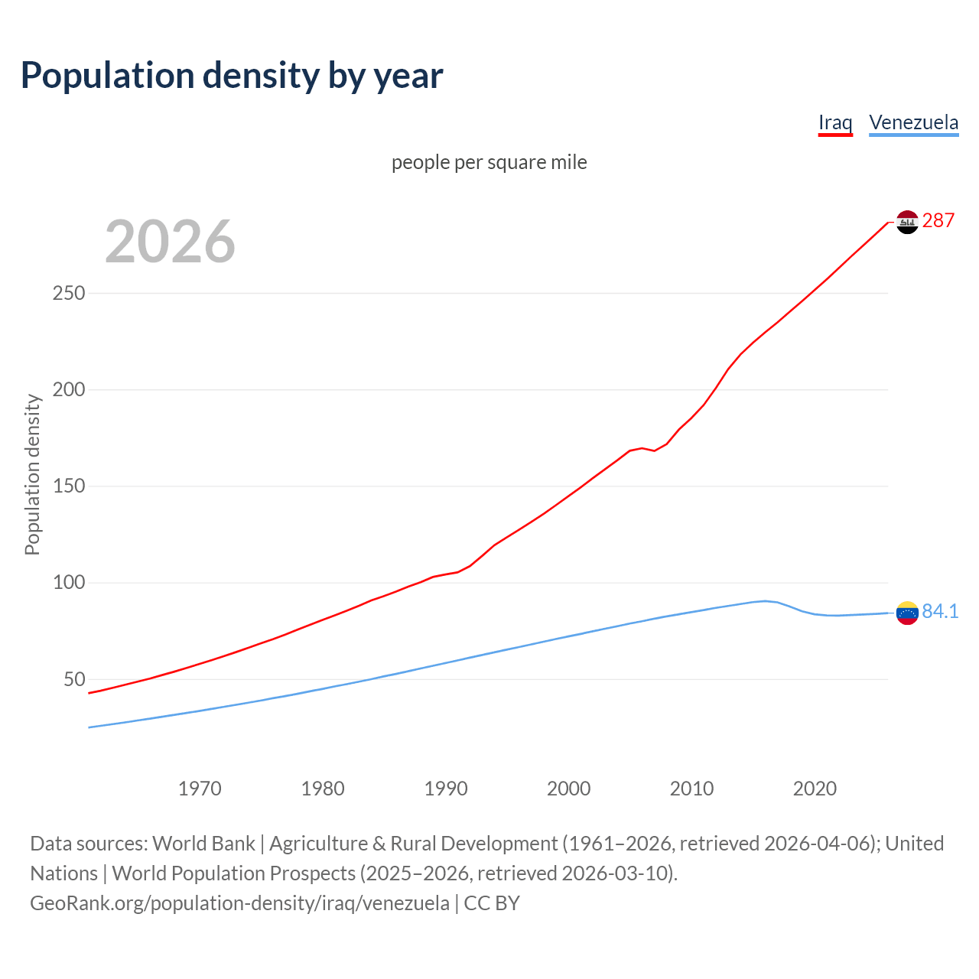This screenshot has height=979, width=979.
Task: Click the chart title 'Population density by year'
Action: pos(232,75)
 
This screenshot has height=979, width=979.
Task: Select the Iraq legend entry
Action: pos(835,122)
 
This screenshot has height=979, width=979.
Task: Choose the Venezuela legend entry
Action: pos(913,122)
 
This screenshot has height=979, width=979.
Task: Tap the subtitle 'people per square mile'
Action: pos(489,162)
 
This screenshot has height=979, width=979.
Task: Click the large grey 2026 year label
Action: pos(170,242)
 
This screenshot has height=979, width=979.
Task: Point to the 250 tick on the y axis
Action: pos(69,293)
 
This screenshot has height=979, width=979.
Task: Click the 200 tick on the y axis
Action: pos(69,389)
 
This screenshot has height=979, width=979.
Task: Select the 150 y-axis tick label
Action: pos(69,486)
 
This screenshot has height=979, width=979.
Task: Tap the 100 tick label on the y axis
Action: pos(69,583)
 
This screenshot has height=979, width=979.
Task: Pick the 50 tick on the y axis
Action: pos(74,679)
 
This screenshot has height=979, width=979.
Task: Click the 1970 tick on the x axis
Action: pos(200,788)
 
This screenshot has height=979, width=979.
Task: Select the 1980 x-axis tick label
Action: pos(323,788)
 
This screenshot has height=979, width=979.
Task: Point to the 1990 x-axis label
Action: pos(446,788)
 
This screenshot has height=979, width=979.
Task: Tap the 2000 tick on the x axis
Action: pos(569,788)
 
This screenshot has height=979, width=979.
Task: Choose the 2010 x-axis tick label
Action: pos(691,788)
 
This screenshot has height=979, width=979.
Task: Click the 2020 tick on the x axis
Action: pos(815,788)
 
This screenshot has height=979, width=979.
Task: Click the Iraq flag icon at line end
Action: pos(907,222)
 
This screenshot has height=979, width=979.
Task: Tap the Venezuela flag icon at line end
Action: pos(907,613)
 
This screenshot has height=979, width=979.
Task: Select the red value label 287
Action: pos(938,220)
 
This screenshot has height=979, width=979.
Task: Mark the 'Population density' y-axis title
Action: pos(32,474)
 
